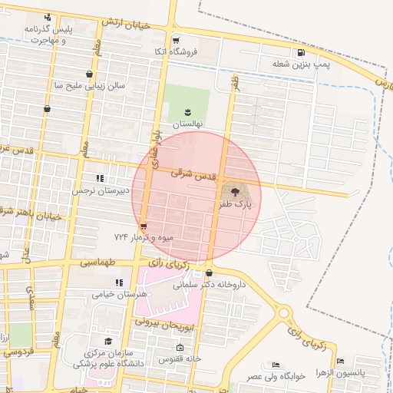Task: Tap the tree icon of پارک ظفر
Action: point(232,189)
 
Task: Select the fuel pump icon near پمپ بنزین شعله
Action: point(300,53)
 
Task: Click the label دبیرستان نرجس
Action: point(97,190)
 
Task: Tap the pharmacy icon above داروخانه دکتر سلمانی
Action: point(209,272)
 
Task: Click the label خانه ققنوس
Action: point(180,358)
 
